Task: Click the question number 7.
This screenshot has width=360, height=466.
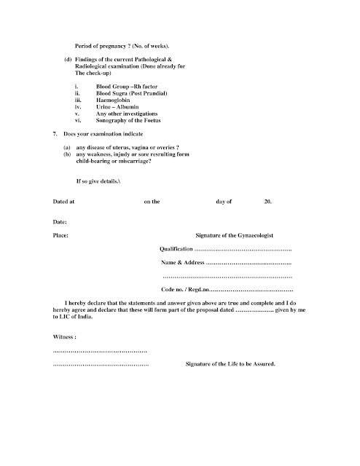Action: click(56, 135)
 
